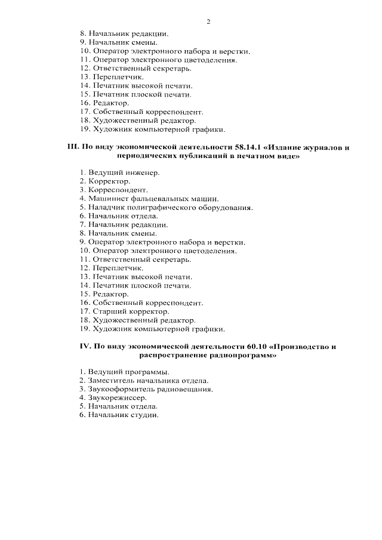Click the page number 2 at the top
click(208, 22)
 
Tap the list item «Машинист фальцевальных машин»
click(149, 199)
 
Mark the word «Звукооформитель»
click(118, 389)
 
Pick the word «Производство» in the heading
click(303, 346)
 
